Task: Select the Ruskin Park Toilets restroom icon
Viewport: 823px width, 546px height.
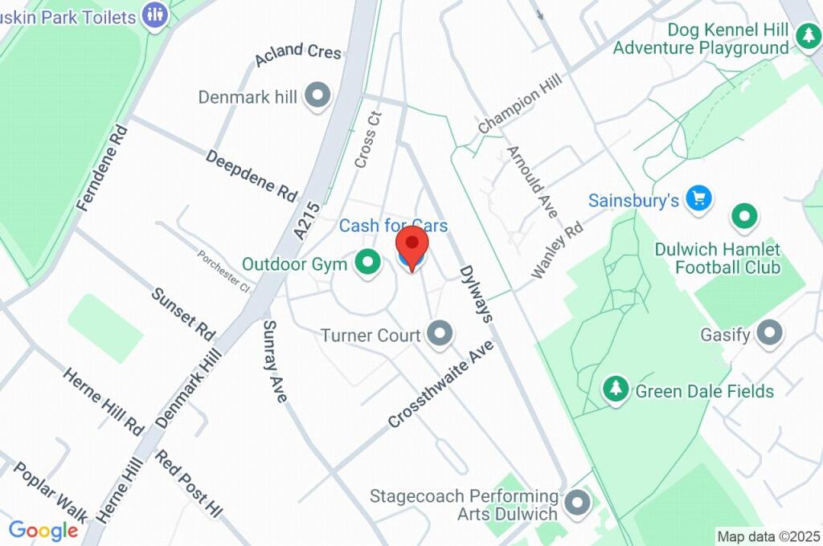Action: (x=154, y=12)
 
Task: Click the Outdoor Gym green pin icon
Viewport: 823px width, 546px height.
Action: (x=368, y=262)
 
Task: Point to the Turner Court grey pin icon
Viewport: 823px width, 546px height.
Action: (x=440, y=333)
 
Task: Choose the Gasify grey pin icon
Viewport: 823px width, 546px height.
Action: (x=771, y=332)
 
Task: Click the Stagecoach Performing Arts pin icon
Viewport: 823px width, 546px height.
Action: (x=577, y=503)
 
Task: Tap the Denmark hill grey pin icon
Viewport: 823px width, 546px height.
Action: (x=319, y=96)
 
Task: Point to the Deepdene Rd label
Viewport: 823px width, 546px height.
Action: (x=252, y=174)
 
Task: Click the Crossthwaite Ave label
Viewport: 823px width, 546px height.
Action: (x=440, y=384)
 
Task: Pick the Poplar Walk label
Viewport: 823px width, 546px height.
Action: (x=51, y=492)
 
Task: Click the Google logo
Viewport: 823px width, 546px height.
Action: (x=43, y=530)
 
